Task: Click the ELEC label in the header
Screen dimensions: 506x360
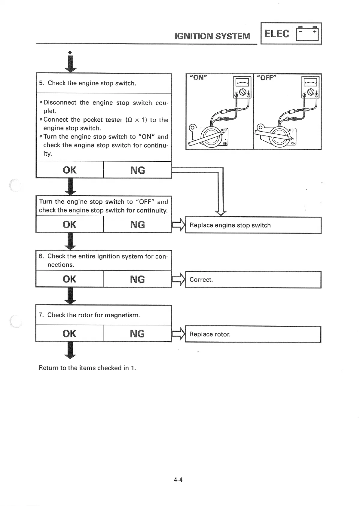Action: [276, 33]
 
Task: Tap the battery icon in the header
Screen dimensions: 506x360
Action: [307, 34]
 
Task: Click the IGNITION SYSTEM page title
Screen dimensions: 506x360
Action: [212, 36]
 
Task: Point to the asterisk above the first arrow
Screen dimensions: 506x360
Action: [70, 53]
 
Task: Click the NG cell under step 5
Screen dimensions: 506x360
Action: [137, 170]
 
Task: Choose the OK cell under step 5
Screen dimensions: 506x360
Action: [69, 170]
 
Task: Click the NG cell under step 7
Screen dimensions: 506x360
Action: [137, 334]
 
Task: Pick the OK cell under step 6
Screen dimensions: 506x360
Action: [69, 279]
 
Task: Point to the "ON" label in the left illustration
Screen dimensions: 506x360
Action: [198, 78]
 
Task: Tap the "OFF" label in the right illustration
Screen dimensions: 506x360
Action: [267, 78]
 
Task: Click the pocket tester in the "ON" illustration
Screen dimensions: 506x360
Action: [242, 87]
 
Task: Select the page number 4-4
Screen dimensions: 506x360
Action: [178, 480]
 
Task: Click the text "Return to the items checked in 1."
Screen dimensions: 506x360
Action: [87, 368]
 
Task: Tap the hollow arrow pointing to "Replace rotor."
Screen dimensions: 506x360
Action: [178, 334]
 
